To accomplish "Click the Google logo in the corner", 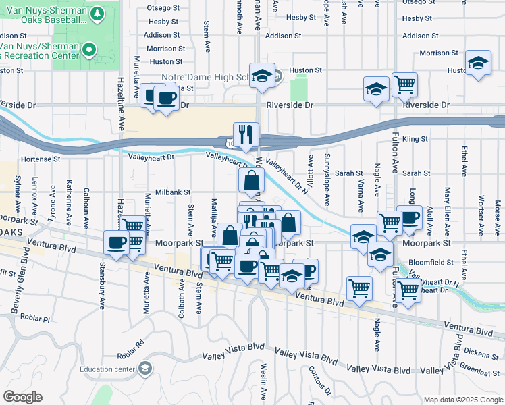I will (22, 397).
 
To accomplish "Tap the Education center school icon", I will (144, 368).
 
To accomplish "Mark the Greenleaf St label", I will (482, 368).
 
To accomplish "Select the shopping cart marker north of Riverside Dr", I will (405, 84).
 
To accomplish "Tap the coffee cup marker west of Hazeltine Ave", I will (116, 242).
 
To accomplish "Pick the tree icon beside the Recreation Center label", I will (88, 49).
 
